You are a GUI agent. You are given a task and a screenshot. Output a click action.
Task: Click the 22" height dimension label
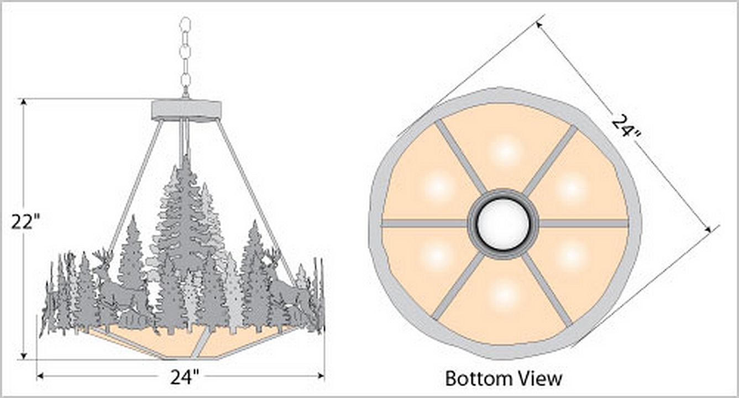tap(25, 222)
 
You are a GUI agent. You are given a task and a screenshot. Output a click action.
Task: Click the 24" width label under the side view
tap(185, 377)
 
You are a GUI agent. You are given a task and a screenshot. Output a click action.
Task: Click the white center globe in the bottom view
tap(503, 223)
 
